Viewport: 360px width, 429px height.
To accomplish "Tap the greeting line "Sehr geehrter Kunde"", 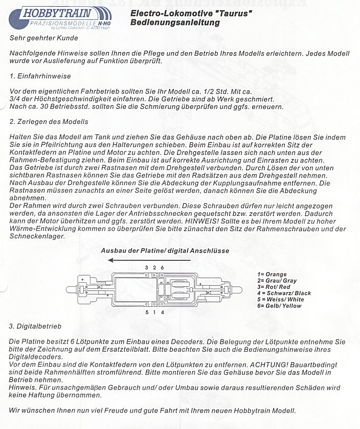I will [x=43, y=38].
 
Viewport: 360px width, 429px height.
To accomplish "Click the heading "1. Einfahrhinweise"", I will [x=40, y=76].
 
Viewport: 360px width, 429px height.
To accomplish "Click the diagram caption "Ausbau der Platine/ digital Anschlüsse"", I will [x=165, y=251].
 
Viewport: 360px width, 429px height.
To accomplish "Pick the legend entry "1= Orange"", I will [x=272, y=275].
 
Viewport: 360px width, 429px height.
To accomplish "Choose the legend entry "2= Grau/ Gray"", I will [x=277, y=281].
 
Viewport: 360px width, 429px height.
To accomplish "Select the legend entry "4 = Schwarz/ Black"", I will [x=284, y=293].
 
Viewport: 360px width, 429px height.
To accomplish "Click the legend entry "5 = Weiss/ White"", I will [x=281, y=299].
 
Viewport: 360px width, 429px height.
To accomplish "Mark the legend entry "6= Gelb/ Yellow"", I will [x=280, y=306].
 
